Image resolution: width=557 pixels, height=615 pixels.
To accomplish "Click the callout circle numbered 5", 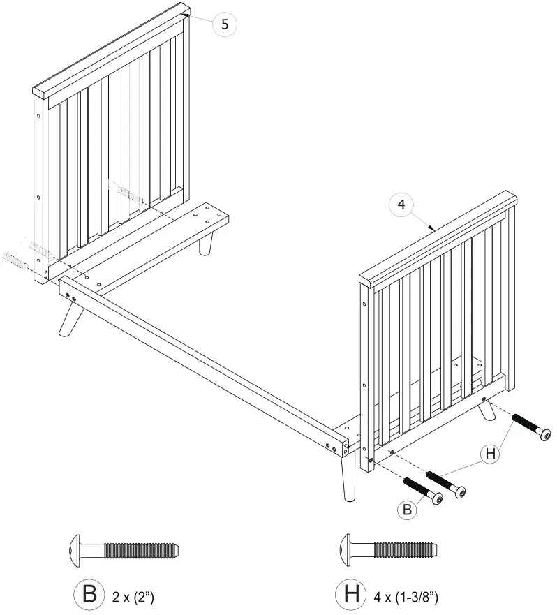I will (x=224, y=24).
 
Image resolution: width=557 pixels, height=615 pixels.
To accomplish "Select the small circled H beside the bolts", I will (x=491, y=454).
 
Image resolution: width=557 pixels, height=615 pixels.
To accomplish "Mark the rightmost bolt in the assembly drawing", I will (x=531, y=427).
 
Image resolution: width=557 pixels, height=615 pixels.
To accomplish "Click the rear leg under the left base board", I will (x=207, y=245).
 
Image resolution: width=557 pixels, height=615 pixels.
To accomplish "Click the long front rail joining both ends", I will (x=202, y=362).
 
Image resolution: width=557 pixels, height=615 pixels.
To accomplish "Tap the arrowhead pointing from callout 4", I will (x=433, y=228).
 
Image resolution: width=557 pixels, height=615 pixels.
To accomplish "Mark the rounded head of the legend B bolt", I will (x=76, y=550).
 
